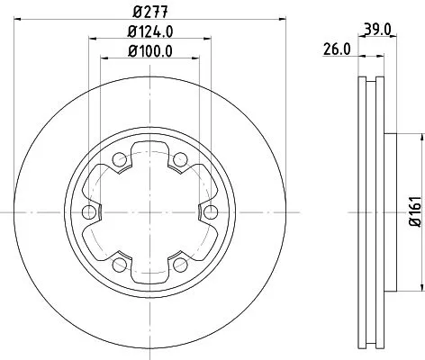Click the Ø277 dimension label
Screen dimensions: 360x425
click(x=149, y=11)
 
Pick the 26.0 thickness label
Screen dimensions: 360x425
click(x=337, y=51)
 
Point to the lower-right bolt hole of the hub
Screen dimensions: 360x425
click(x=179, y=264)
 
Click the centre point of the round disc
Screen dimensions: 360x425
click(x=149, y=211)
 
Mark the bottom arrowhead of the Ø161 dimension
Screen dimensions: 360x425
click(x=420, y=289)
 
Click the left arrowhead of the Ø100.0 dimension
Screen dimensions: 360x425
click(x=101, y=58)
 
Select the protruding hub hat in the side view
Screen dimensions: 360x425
click(x=393, y=211)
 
